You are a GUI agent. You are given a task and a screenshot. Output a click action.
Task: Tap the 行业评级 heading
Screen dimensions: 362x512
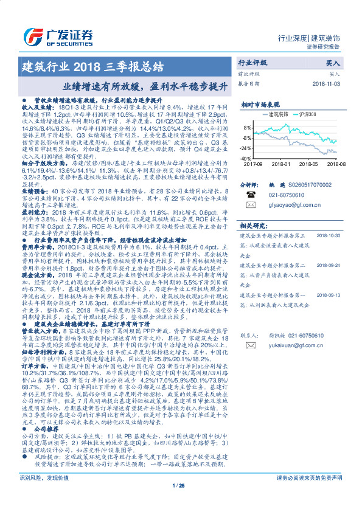click(252, 63)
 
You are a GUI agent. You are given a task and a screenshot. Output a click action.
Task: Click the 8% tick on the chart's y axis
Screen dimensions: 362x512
click(248, 128)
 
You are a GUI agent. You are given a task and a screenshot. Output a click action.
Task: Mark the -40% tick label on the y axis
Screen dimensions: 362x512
click(246, 157)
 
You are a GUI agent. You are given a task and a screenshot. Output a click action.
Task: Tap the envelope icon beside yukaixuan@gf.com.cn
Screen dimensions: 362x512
click(248, 345)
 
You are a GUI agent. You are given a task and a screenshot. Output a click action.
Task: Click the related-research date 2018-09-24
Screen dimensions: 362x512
click(330, 265)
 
